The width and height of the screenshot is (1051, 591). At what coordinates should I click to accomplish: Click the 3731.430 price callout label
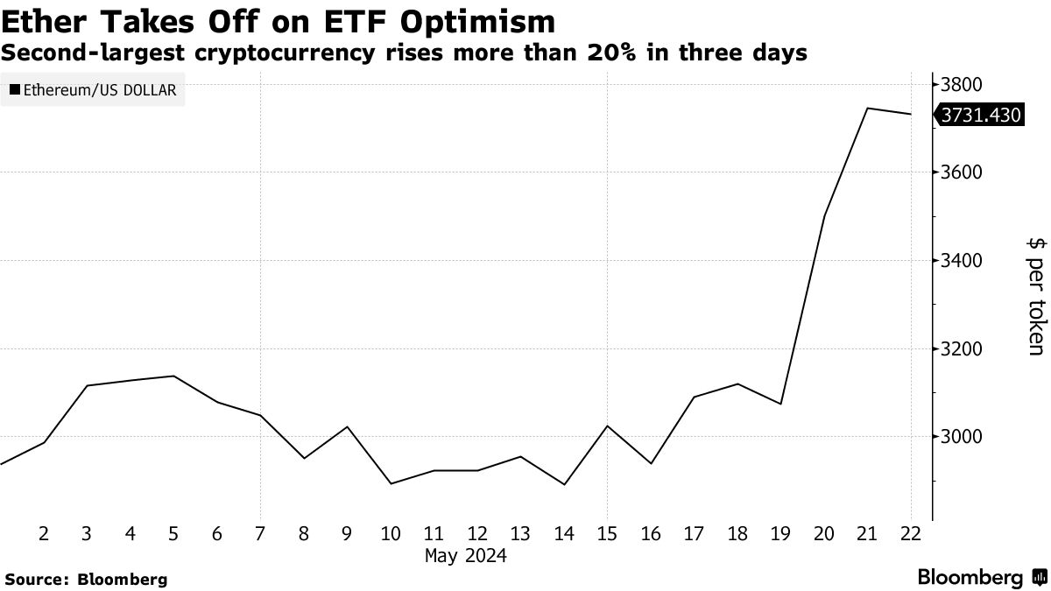(x=979, y=115)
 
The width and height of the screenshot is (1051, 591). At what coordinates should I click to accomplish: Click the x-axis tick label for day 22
(x=911, y=533)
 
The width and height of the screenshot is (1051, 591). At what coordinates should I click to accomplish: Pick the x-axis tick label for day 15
(x=607, y=533)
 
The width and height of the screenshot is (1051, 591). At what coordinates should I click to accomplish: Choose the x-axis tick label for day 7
(x=260, y=533)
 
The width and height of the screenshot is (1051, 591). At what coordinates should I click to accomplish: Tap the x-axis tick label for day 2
(x=44, y=533)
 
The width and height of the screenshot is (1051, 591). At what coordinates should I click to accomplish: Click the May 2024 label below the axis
(x=465, y=555)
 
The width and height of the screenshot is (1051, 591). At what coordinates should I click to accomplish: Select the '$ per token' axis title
(x=1034, y=294)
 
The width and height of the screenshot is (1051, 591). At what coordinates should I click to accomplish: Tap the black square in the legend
(x=15, y=89)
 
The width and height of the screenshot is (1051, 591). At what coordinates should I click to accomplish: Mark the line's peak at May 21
(x=867, y=109)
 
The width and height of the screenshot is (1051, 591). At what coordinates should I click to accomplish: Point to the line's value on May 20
(x=824, y=216)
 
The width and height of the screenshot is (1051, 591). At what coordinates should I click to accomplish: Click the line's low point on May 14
(x=564, y=484)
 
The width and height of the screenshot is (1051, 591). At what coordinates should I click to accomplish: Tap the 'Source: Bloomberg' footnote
(x=86, y=579)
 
